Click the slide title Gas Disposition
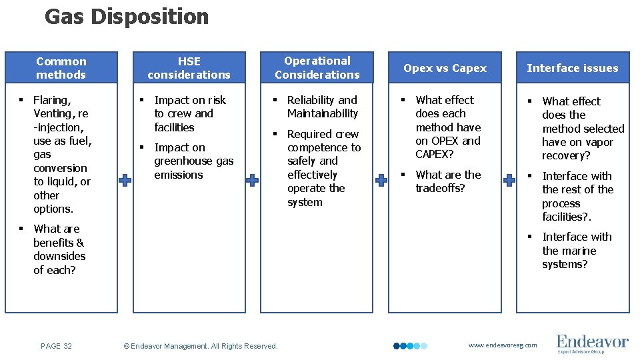coord(127,17)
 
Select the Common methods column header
coord(61,68)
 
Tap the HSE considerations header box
coord(189,68)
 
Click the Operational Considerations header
coord(317,68)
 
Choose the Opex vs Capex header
coord(445,68)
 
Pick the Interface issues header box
coord(573,68)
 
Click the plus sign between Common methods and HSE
coord(125,180)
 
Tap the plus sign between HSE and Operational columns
coord(253,180)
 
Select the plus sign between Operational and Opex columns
coord(381,180)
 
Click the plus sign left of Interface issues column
coord(509,180)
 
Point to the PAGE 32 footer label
coord(56,346)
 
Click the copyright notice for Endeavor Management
coord(201,346)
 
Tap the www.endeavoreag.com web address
coord(503,345)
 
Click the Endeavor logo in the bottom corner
coord(592,344)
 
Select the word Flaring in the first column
coord(52,100)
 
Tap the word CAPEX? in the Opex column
coord(435,155)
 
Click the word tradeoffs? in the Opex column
coord(440,189)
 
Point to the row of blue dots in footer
coord(410,346)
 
